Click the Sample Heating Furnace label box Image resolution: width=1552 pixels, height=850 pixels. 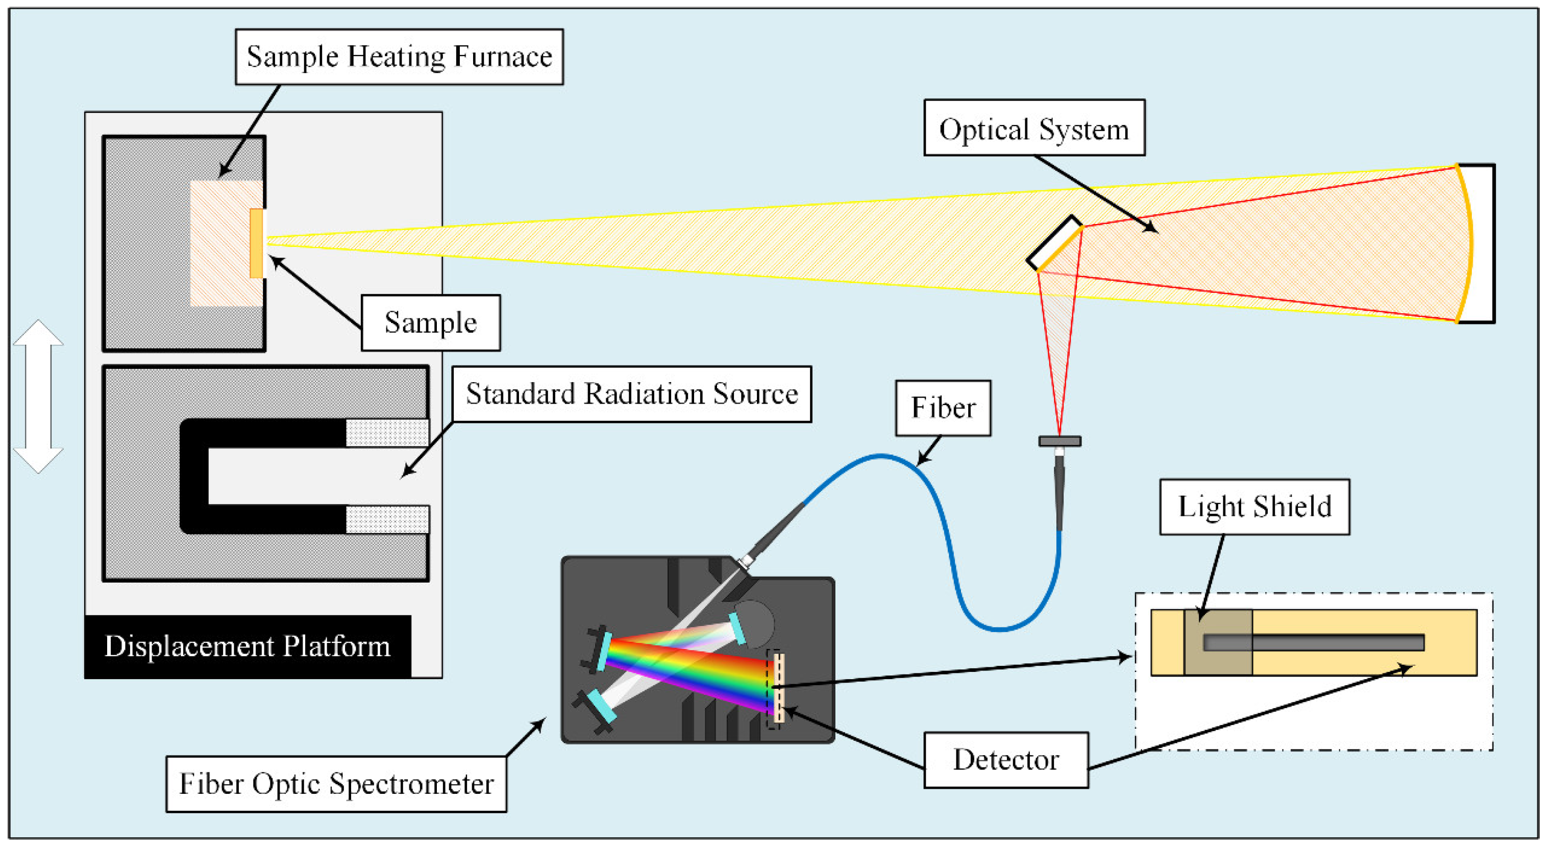click(x=399, y=57)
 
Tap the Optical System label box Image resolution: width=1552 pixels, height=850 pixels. click(x=1034, y=128)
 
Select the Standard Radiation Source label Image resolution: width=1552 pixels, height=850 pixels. click(x=631, y=394)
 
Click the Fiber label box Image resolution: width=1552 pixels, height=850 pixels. click(x=943, y=408)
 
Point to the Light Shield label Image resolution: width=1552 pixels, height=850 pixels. click(x=1254, y=507)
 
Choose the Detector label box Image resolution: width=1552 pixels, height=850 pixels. click(x=1005, y=760)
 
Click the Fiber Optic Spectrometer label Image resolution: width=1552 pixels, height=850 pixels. click(x=336, y=784)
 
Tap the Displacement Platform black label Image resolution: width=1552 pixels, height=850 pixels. click(x=248, y=646)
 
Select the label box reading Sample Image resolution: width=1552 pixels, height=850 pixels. click(x=430, y=322)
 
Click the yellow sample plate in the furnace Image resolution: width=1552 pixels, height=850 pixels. click(x=257, y=243)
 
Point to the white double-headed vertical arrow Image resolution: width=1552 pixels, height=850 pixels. click(x=38, y=396)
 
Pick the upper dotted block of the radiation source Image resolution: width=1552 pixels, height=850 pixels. click(x=387, y=433)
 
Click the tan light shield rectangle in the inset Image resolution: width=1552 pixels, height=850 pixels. click(x=1218, y=642)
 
